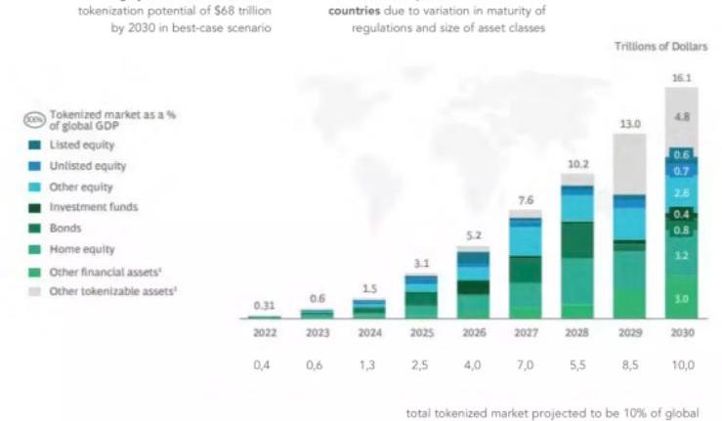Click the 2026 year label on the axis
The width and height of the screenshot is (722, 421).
click(473, 331)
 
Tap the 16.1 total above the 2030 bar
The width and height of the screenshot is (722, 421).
click(681, 77)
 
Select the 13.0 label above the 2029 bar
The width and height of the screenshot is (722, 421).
click(629, 124)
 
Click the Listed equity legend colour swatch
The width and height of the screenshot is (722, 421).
click(35, 145)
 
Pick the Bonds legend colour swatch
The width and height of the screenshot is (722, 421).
click(35, 228)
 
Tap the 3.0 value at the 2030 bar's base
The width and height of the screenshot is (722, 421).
click(681, 298)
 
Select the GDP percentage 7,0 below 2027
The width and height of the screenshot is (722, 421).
click(525, 364)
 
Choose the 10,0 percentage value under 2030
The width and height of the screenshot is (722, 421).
click(681, 364)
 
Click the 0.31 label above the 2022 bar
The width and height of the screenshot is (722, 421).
click(264, 305)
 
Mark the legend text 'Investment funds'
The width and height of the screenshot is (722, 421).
click(93, 207)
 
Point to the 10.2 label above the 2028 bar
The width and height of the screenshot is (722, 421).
click(577, 163)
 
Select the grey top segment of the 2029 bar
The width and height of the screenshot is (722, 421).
click(629, 164)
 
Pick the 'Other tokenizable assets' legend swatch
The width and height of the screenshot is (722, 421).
click(35, 291)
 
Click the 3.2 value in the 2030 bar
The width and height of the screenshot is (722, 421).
click(681, 255)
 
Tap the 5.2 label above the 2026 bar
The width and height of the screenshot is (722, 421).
click(473, 234)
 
